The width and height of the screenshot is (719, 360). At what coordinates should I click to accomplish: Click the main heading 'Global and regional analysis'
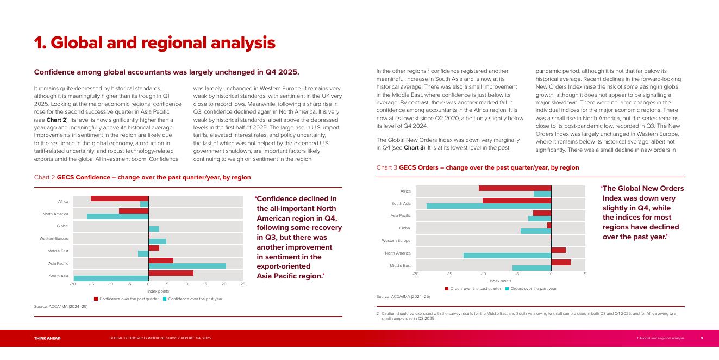(155, 43)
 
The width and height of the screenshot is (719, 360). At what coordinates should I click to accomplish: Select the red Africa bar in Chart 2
(120, 198)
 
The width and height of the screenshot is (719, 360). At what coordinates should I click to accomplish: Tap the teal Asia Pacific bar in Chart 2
(187, 266)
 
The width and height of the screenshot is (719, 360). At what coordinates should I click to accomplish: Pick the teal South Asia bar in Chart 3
(489, 206)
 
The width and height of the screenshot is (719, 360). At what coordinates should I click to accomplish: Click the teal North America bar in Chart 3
(507, 256)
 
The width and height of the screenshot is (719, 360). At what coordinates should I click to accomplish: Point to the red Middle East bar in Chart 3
(561, 262)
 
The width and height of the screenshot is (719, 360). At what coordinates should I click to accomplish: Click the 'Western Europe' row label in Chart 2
(54, 239)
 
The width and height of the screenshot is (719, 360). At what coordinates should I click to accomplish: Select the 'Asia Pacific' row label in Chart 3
(401, 216)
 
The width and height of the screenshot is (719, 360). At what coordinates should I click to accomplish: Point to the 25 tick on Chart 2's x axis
(243, 284)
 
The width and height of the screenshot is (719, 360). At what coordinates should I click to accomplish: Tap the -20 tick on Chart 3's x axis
(416, 274)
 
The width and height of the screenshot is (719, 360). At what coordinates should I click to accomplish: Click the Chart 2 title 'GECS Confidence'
(154, 177)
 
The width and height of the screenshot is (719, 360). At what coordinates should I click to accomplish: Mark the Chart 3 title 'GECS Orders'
(489, 167)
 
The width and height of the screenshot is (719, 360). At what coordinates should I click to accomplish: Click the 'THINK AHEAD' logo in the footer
(47, 338)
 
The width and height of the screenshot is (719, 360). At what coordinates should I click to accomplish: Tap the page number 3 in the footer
(701, 338)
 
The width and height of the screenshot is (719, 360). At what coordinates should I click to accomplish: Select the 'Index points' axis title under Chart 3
(500, 281)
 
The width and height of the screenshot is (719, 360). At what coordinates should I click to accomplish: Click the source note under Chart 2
(61, 307)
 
